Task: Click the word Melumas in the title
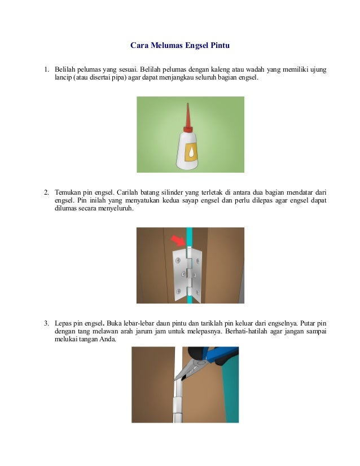166,45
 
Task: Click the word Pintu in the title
220,45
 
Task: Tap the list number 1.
46,69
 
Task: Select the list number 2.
46,192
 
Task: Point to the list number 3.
46,323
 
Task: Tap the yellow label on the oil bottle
191,152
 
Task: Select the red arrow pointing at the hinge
178,240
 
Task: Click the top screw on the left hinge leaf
178,261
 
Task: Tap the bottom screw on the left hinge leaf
178,291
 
